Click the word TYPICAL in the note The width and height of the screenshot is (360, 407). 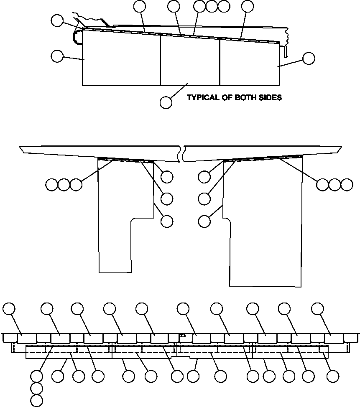tap(202, 98)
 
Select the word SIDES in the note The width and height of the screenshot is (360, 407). tap(271, 98)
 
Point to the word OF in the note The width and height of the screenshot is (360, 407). tap(226, 98)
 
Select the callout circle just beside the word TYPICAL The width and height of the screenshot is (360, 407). tap(166, 102)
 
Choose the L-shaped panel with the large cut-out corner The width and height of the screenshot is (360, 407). tap(121, 209)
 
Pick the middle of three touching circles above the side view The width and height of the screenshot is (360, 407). tap(212, 6)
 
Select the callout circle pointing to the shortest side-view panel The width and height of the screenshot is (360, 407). tap(309, 59)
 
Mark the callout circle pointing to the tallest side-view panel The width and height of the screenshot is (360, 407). tap(56, 56)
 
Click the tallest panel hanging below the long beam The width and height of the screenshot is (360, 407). tap(263, 221)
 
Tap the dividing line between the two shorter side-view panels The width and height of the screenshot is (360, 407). tap(220, 63)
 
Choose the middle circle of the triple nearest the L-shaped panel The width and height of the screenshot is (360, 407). tap(64, 184)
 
